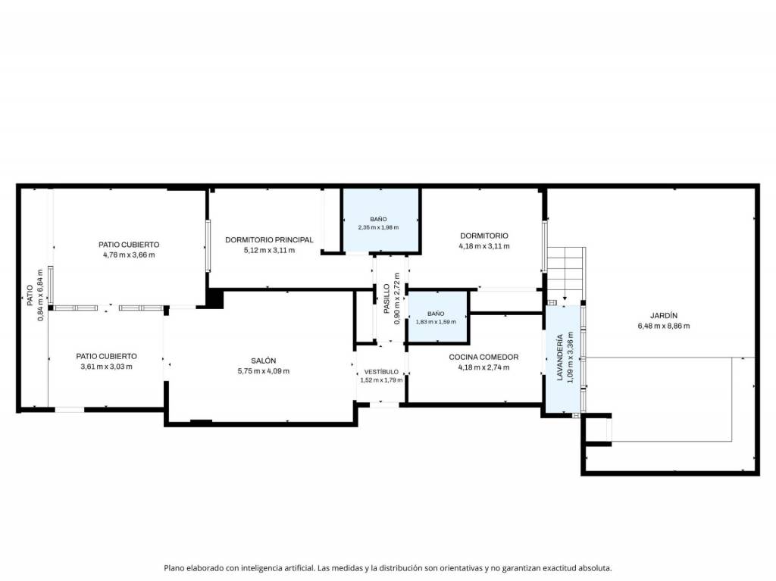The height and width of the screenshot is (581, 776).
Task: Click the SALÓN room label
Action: point(263,361)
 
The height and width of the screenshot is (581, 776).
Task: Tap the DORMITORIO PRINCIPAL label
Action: point(269,239)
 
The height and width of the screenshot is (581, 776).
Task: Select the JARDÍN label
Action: point(664,315)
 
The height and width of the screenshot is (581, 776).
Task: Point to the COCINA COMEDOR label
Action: point(483,357)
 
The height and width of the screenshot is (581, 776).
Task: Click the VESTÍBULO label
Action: point(381,372)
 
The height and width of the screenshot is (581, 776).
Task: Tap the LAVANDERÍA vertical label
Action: point(560,358)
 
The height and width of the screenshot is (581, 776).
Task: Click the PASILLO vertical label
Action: point(386,298)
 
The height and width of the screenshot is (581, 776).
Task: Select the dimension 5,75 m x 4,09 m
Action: point(263,371)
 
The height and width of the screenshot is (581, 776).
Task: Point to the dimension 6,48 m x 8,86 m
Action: point(664,326)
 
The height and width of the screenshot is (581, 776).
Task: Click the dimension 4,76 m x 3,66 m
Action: point(129,255)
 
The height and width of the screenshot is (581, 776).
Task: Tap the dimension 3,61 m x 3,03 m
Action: point(106,367)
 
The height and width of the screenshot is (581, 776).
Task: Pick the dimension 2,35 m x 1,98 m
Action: point(378,228)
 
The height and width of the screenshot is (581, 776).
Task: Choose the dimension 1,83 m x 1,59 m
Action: point(436,322)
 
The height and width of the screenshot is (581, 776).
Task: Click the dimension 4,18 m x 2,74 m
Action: point(483,367)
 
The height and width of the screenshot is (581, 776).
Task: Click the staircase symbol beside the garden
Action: point(565,275)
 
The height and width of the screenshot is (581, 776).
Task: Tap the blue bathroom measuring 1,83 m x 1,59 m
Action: point(437,317)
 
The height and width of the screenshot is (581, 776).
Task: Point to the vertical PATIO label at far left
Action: point(30,295)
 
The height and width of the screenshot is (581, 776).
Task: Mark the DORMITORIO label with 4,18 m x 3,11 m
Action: point(484,236)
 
